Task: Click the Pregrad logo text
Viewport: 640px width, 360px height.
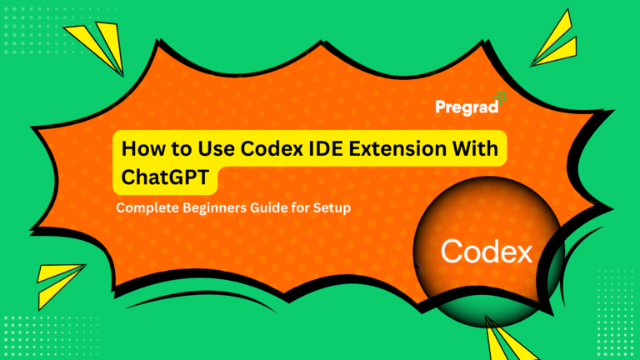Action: (467, 107)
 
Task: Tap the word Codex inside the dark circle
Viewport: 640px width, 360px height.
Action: (487, 251)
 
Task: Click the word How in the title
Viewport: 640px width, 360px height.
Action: (142, 149)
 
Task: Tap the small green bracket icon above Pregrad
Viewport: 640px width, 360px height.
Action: (499, 96)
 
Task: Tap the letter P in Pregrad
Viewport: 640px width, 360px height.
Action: (441, 107)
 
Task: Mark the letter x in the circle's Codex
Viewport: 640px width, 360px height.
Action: (523, 252)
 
